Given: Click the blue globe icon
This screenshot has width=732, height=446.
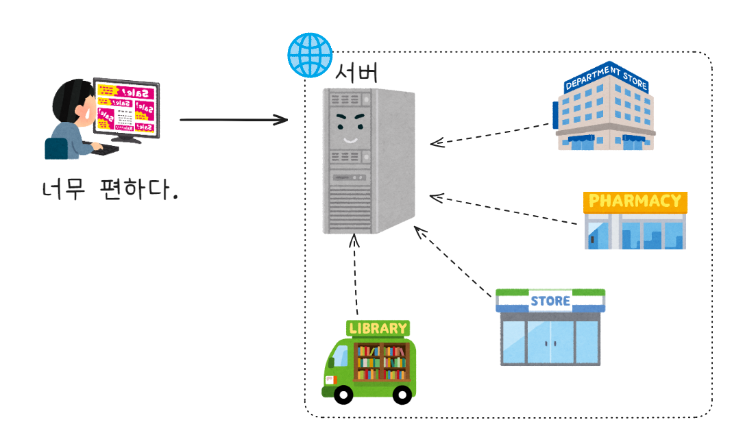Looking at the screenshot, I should pyautogui.click(x=308, y=54).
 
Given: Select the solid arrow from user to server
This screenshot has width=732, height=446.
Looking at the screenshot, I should pyautogui.click(x=233, y=121).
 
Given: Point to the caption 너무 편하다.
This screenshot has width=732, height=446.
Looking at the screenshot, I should pyautogui.click(x=110, y=190).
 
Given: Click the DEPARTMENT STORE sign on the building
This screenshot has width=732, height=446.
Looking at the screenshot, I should pyautogui.click(x=606, y=78).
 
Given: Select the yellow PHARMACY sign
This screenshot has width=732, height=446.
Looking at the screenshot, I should pyautogui.click(x=635, y=201).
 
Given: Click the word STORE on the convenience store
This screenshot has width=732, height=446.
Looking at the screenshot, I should pyautogui.click(x=550, y=301).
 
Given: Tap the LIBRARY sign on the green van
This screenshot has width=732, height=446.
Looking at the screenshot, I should pyautogui.click(x=378, y=328).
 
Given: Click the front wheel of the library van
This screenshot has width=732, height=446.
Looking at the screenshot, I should pyautogui.click(x=342, y=394).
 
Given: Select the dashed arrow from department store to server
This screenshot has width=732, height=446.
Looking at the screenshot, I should pyautogui.click(x=490, y=134).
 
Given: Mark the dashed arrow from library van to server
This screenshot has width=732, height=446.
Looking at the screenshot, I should pyautogui.click(x=355, y=274).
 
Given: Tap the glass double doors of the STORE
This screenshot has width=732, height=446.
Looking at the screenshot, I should pyautogui.click(x=550, y=342).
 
